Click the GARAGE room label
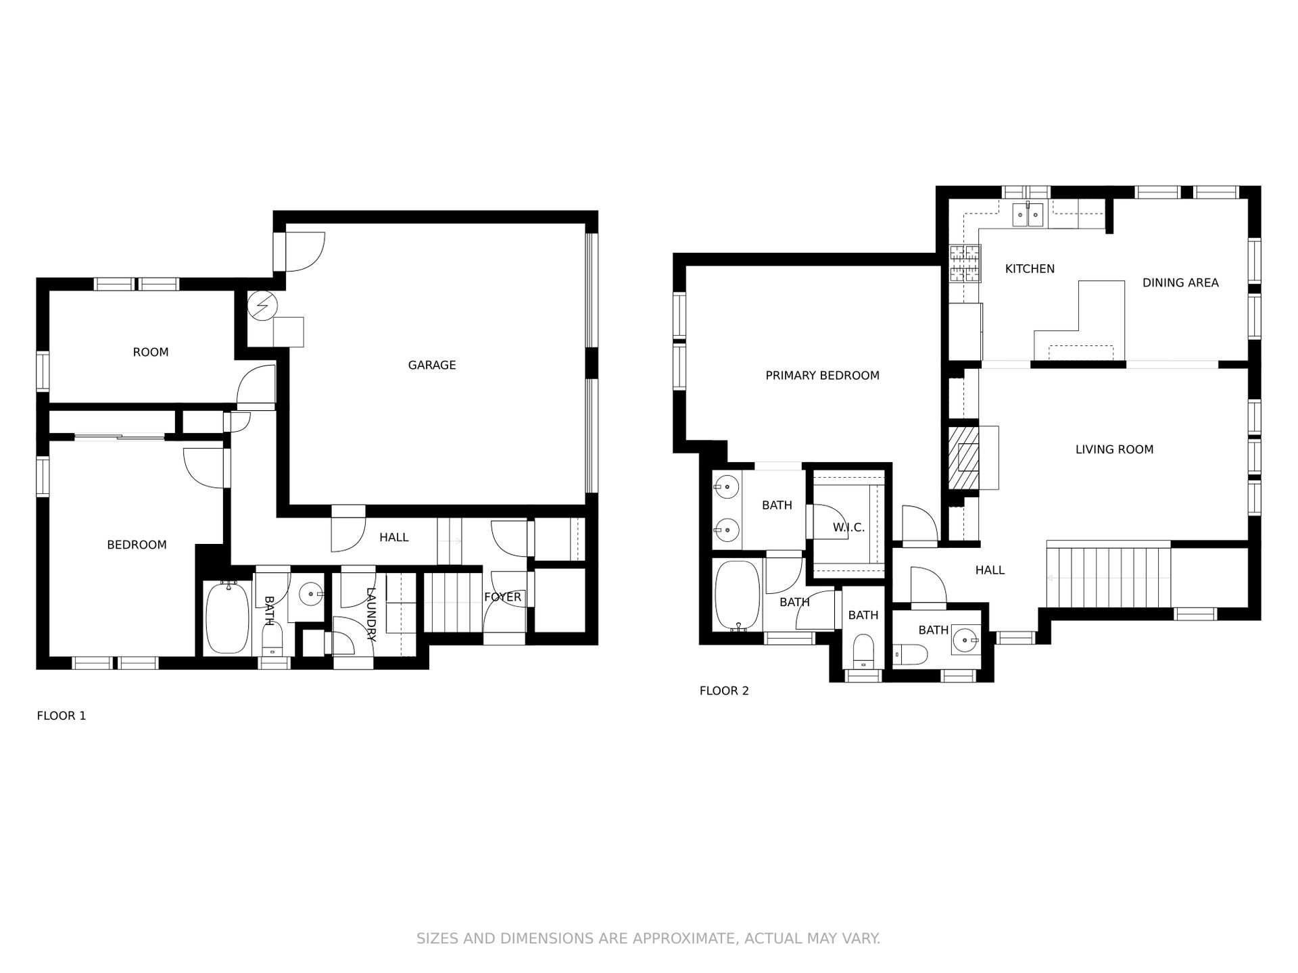tap(432, 365)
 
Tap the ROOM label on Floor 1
tap(150, 352)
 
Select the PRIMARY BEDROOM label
tap(822, 376)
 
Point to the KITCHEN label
tap(1030, 269)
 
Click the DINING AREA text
tap(1180, 283)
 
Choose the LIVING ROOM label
tap(1114, 449)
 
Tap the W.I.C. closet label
tap(848, 528)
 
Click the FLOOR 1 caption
tap(62, 716)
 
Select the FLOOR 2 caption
tap(724, 691)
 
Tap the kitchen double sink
tap(1028, 214)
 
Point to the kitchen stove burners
tap(965, 264)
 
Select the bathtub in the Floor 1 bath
tap(226, 618)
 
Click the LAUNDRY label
tap(370, 614)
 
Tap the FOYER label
tap(502, 597)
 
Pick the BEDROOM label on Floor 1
tap(137, 545)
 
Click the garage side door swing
tap(305, 251)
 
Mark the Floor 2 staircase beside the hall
tap(1109, 577)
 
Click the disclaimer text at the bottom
tap(648, 939)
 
